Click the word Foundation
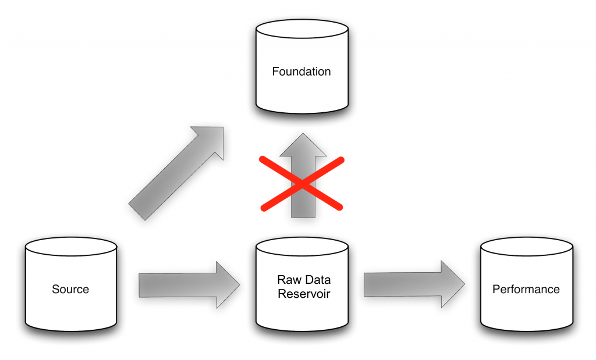(301, 72)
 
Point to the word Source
(70, 289)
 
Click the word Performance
(526, 289)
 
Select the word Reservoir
(304, 294)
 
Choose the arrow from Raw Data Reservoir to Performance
(413, 284)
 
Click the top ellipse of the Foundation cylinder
(302, 29)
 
